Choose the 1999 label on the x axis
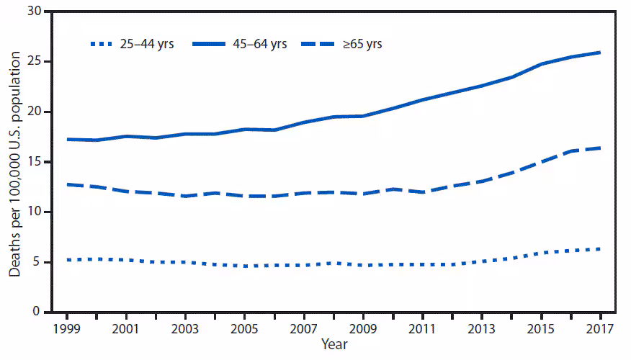tap(68, 329)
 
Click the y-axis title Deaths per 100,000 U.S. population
tap(15, 162)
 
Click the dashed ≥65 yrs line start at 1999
tap(68, 184)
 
